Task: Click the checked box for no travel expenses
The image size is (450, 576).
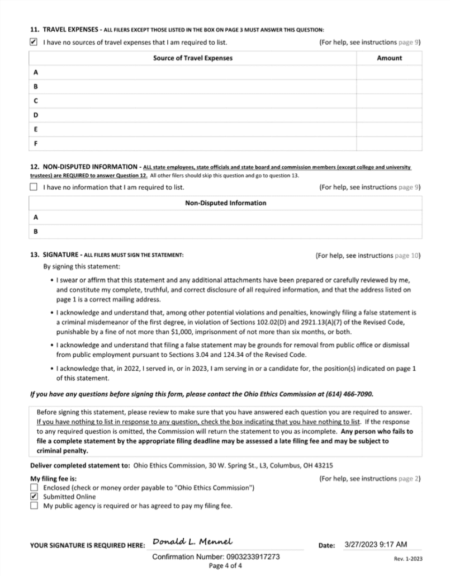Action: tap(34, 42)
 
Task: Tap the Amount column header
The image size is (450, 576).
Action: tap(389, 58)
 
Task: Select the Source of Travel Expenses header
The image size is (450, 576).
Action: tap(193, 58)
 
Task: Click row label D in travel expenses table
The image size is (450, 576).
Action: tap(36, 115)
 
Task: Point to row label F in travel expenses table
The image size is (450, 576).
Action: tap(36, 143)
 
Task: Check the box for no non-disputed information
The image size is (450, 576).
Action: tap(34, 187)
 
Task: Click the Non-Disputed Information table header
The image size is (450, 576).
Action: tap(225, 203)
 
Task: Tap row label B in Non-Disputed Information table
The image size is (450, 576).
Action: tap(36, 231)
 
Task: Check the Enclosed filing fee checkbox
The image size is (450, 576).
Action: tap(34, 488)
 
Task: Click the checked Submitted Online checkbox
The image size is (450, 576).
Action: tap(34, 497)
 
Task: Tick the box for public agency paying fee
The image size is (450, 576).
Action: tap(34, 506)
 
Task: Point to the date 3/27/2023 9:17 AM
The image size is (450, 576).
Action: tap(376, 544)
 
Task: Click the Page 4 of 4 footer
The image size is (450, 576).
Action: tap(225, 565)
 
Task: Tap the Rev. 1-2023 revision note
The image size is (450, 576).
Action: tap(408, 559)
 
